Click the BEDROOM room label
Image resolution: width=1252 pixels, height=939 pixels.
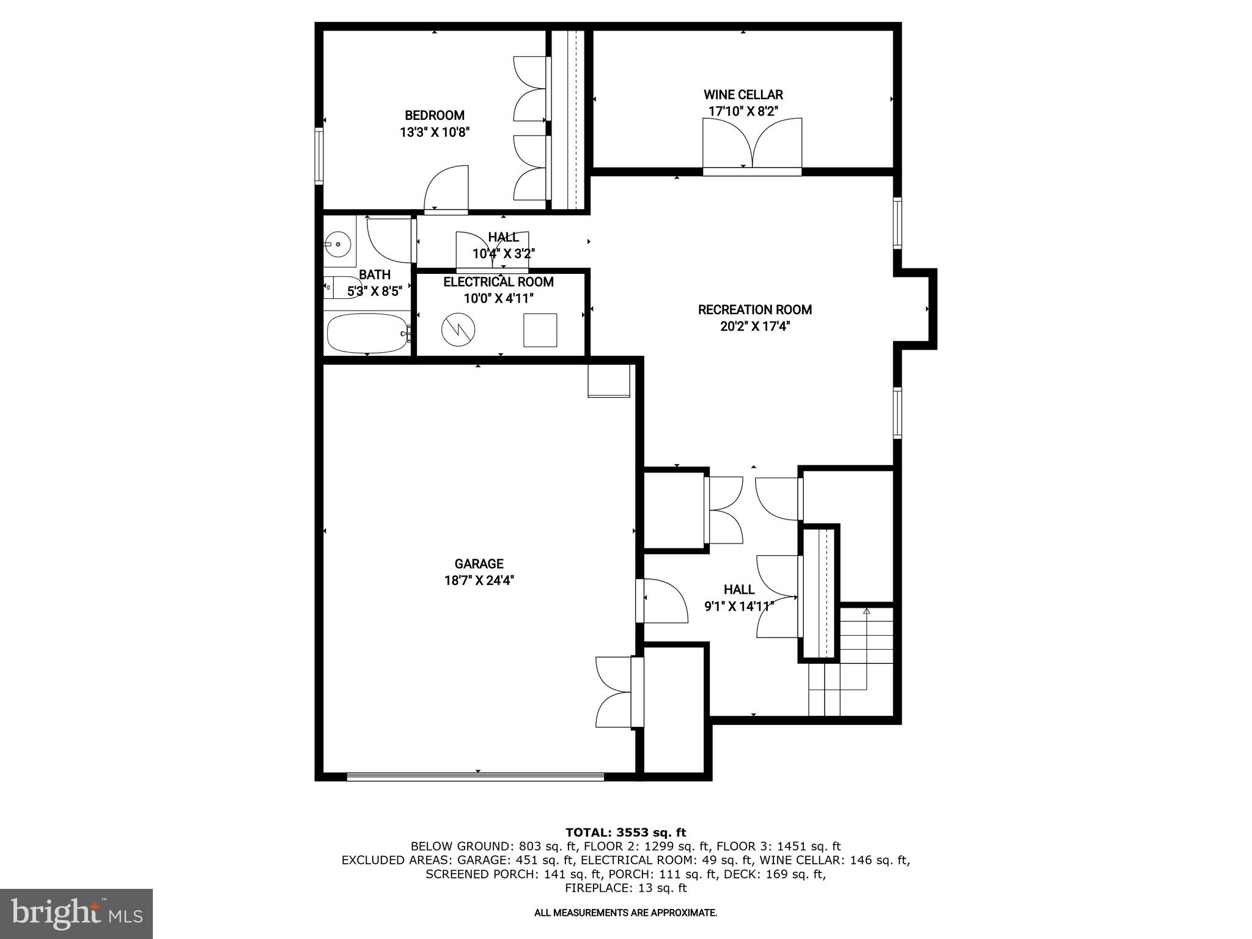pyautogui.click(x=434, y=116)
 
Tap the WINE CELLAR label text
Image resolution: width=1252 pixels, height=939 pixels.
pyautogui.click(x=743, y=95)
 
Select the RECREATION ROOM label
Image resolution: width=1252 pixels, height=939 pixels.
pyautogui.click(x=755, y=310)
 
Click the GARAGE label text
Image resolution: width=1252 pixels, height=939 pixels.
pyautogui.click(x=479, y=564)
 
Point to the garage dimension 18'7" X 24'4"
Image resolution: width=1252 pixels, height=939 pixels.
pyautogui.click(x=479, y=580)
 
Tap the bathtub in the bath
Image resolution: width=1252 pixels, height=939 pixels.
pyautogui.click(x=367, y=333)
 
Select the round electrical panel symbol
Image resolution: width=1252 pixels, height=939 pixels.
pyautogui.click(x=458, y=331)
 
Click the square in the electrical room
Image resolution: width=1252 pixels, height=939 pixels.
pyautogui.click(x=540, y=330)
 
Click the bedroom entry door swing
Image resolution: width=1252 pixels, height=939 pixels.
pyautogui.click(x=446, y=190)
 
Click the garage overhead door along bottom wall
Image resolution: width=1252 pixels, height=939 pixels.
pyautogui.click(x=475, y=776)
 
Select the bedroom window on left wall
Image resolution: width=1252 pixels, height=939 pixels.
pyautogui.click(x=319, y=155)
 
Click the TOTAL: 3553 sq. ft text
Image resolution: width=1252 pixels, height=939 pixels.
pyautogui.click(x=625, y=832)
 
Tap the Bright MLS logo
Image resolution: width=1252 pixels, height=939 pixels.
pyautogui.click(x=76, y=913)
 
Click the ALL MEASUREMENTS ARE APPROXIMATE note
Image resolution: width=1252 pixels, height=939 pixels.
pyautogui.click(x=625, y=913)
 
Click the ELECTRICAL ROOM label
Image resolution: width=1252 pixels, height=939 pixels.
pyautogui.click(x=498, y=282)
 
